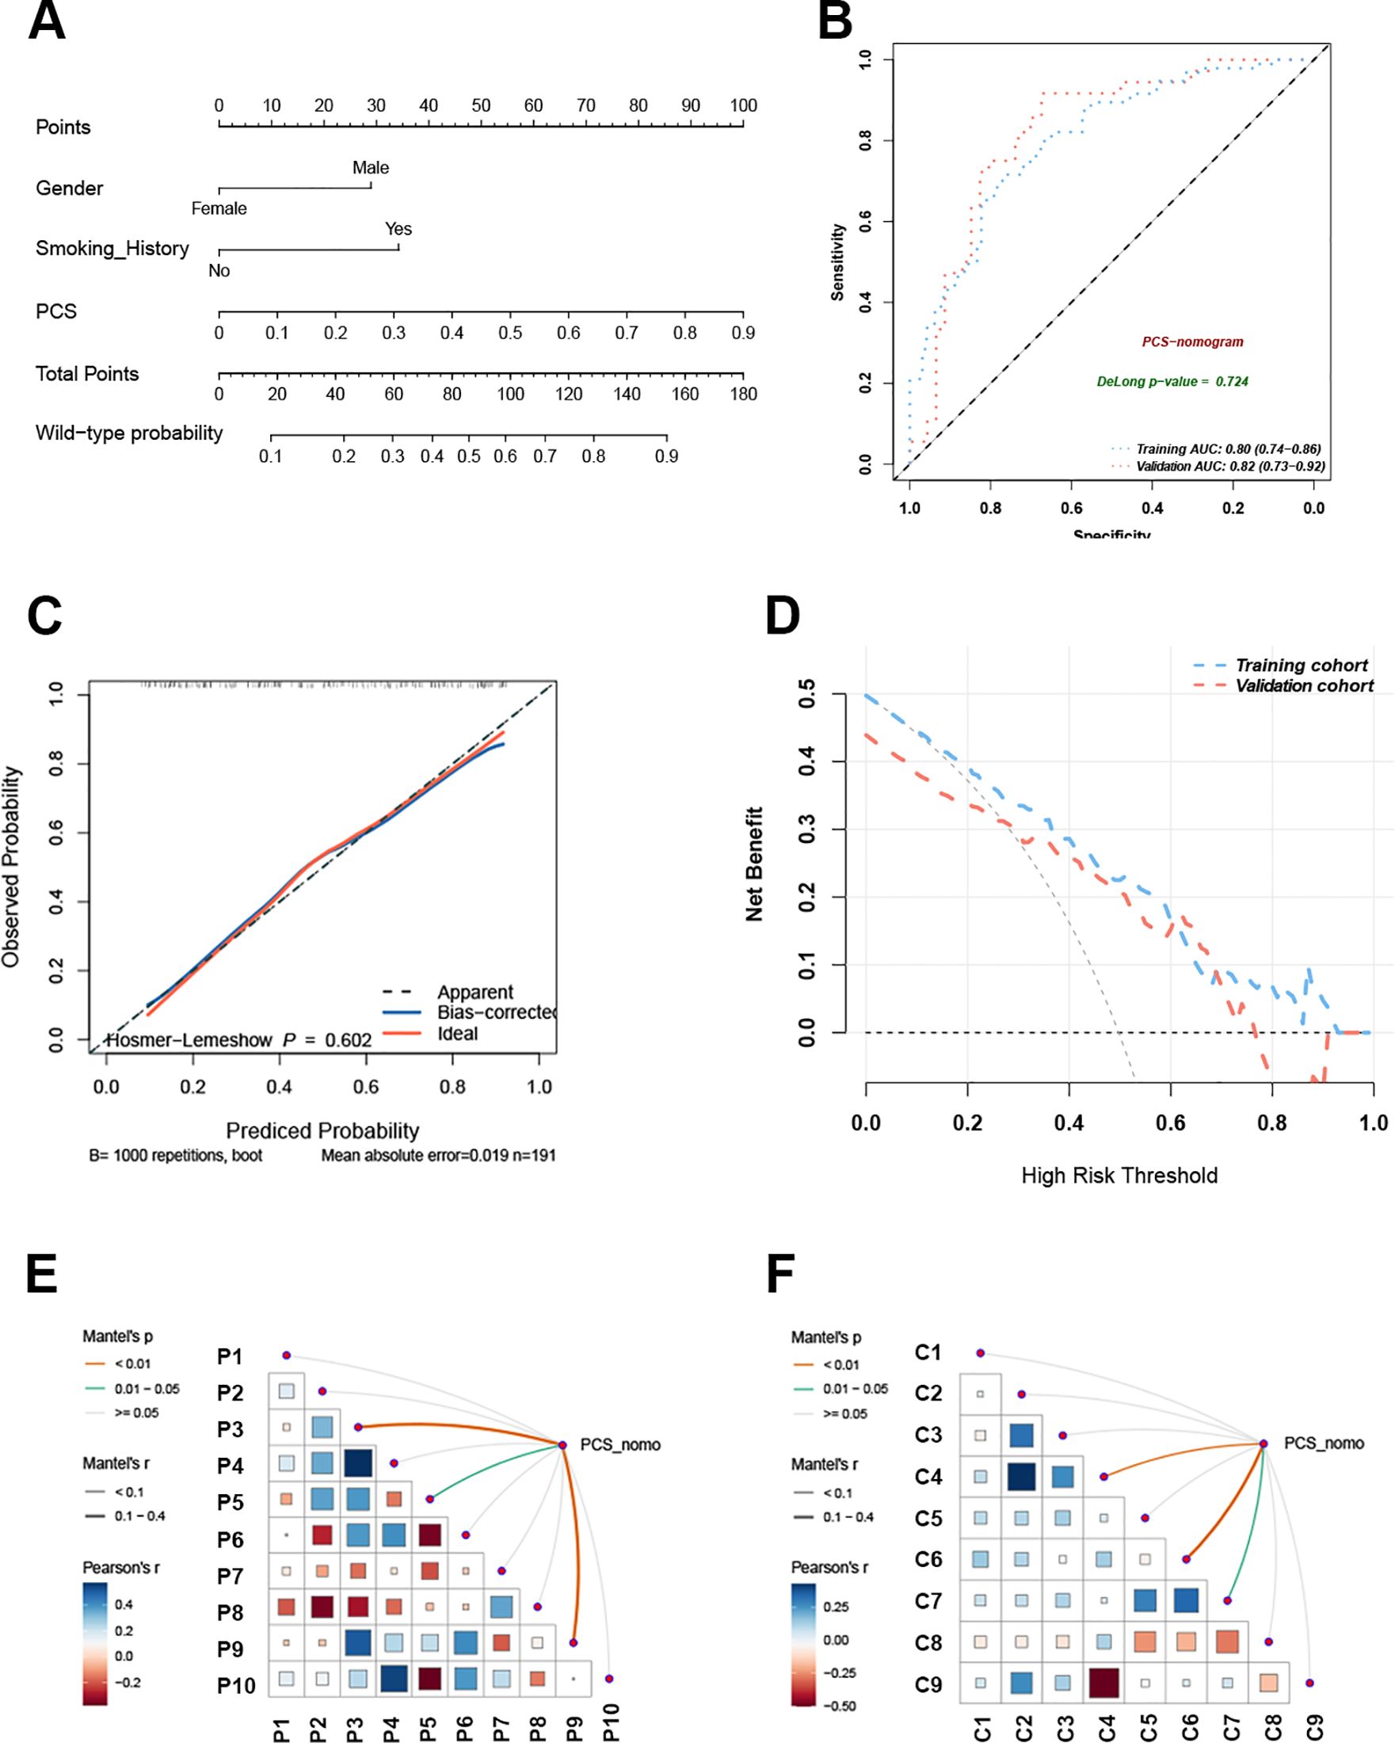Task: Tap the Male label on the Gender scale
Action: coord(370,168)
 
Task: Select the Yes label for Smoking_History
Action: coord(398,230)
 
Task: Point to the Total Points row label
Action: coord(87,373)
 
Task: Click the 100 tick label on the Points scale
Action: coord(743,106)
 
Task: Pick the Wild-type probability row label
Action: coord(128,433)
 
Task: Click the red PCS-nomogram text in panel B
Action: coord(1192,342)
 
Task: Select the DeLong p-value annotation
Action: coord(1172,382)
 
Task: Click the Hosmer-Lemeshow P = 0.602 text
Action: coord(239,1040)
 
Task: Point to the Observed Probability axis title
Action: coord(10,867)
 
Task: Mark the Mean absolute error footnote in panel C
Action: coord(438,1155)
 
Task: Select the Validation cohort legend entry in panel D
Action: coord(1304,685)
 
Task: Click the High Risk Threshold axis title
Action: coord(1119,1176)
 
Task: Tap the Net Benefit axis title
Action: coord(754,864)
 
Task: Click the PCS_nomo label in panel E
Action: coord(620,1444)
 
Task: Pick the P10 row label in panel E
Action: coord(236,1686)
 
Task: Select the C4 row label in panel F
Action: coord(928,1477)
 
